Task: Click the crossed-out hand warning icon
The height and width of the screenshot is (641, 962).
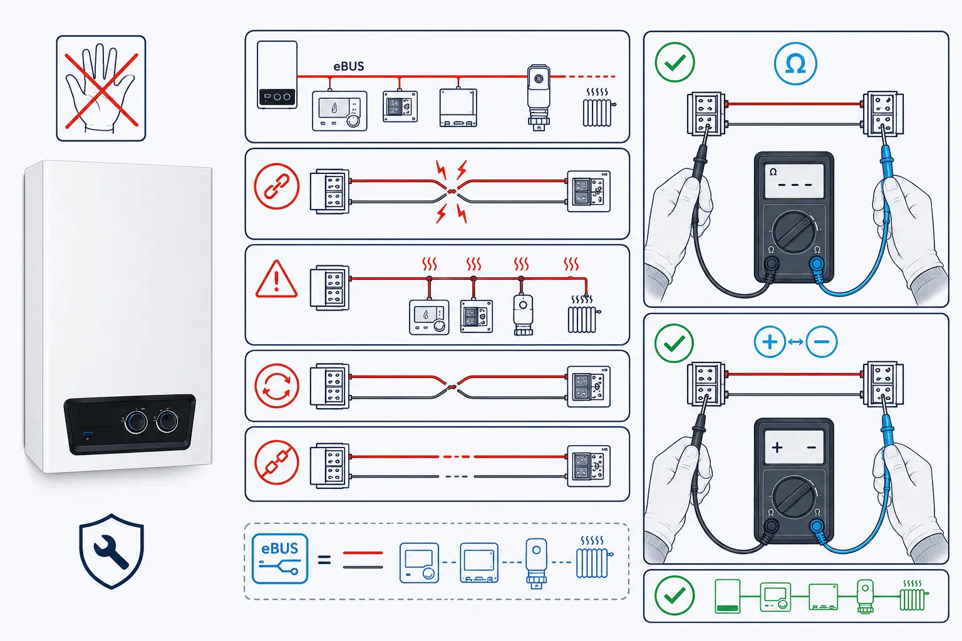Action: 101,88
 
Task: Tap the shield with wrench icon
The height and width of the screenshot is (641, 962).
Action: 111,551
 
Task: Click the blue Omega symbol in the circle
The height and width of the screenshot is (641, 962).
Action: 795,64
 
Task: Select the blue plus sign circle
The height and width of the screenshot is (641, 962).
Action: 770,342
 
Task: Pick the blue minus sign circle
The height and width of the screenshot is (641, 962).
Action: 822,342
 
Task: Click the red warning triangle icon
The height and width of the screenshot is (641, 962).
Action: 277,279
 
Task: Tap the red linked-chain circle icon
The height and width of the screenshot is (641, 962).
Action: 277,187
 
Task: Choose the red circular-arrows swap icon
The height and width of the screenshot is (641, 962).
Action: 277,386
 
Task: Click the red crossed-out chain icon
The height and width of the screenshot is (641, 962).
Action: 277,463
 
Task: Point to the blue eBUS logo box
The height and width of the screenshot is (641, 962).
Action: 280,558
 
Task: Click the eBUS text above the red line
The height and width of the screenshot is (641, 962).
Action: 349,66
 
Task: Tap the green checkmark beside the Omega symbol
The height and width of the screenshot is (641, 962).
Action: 675,62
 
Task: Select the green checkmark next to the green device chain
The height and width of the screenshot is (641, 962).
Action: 675,595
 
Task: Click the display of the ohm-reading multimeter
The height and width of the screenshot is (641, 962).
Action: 794,181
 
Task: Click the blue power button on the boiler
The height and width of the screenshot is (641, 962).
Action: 88,434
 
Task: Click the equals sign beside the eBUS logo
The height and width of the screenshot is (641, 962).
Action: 324,560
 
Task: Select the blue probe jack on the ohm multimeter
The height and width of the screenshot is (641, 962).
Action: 817,263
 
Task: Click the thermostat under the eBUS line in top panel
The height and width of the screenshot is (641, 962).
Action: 339,110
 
